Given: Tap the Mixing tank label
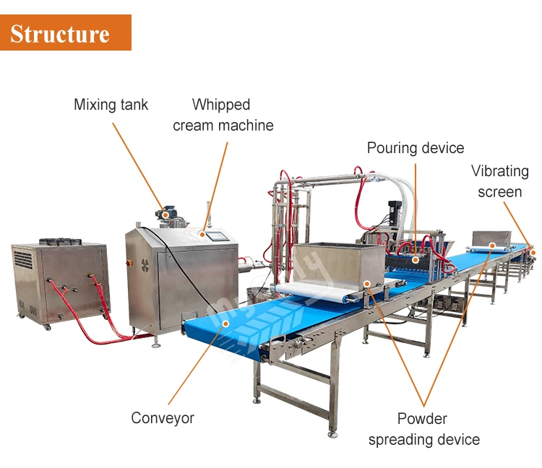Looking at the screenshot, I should point(111,105).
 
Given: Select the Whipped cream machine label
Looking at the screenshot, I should point(223,115).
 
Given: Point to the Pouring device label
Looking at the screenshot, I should point(415,148).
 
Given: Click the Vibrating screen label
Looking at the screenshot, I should point(500,181).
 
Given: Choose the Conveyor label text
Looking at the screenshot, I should point(163,417).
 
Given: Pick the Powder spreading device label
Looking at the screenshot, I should point(423,429).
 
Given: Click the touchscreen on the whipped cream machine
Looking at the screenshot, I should point(216,235).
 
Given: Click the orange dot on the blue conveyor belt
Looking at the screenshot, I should point(226,324).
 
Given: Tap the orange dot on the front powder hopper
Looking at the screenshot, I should point(367,284).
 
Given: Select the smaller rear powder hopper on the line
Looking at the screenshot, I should point(491,238).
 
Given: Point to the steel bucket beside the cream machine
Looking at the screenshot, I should point(254,295).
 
